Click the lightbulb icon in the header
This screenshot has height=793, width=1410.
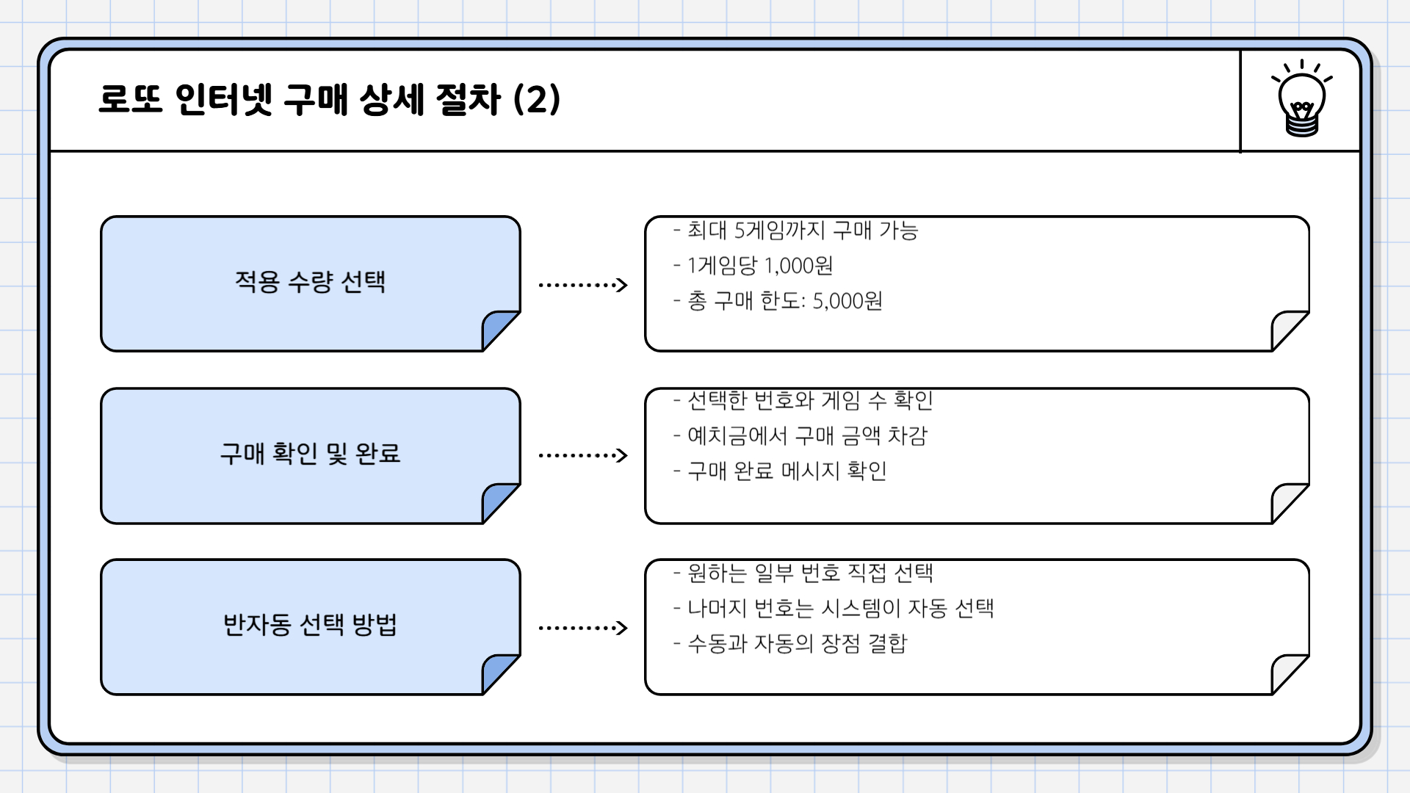(1301, 100)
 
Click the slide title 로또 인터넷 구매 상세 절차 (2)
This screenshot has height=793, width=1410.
(329, 100)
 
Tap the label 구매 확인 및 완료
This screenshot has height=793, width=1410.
(310, 453)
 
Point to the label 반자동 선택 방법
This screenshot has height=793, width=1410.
(310, 625)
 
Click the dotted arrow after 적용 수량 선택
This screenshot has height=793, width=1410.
(582, 285)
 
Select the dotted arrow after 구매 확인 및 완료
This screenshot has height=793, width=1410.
(582, 455)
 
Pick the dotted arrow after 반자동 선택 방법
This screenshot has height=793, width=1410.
(582, 628)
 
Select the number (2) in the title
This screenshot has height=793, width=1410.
(537, 100)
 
